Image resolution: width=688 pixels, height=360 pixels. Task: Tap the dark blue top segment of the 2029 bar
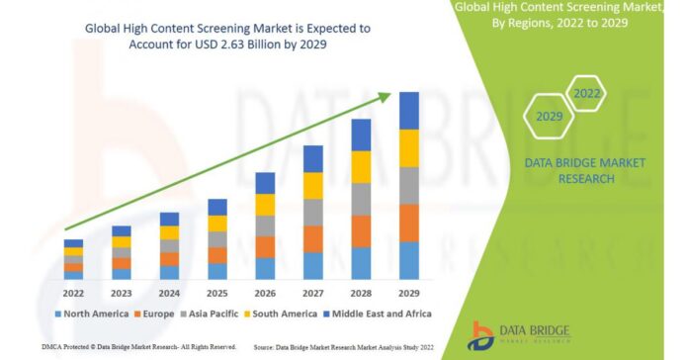pyautogui.click(x=408, y=111)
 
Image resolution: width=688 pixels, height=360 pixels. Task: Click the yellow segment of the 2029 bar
pyautogui.click(x=408, y=148)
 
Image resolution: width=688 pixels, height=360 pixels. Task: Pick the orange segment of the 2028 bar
pyautogui.click(x=361, y=230)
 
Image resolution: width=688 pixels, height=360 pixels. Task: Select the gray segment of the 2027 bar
pyautogui.click(x=312, y=212)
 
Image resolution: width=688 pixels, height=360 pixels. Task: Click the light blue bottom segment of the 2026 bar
pyautogui.click(x=265, y=268)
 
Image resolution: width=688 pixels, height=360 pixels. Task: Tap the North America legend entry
pyautogui.click(x=91, y=314)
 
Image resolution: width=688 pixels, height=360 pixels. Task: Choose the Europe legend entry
pyautogui.click(x=159, y=314)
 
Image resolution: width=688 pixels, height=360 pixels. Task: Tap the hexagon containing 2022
pyautogui.click(x=586, y=93)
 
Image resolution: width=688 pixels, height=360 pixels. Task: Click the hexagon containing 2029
pyautogui.click(x=549, y=115)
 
